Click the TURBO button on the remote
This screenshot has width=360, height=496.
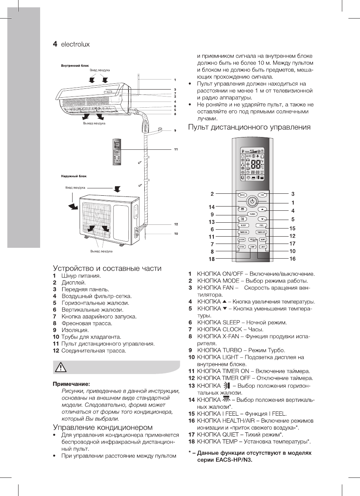point(252,214)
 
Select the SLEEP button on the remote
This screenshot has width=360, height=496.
point(243,225)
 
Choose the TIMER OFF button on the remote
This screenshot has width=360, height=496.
point(262,232)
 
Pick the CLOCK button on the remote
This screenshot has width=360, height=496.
point(242,239)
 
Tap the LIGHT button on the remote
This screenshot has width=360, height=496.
point(263,246)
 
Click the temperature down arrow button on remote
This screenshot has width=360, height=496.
point(263,218)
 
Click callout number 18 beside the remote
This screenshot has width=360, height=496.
point(212,259)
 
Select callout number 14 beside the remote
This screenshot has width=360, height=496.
point(212,207)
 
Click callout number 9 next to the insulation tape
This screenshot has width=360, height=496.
point(175,131)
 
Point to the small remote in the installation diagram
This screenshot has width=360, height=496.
point(116,151)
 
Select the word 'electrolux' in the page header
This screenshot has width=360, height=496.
point(75,44)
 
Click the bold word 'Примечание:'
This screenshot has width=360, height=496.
point(71,384)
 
